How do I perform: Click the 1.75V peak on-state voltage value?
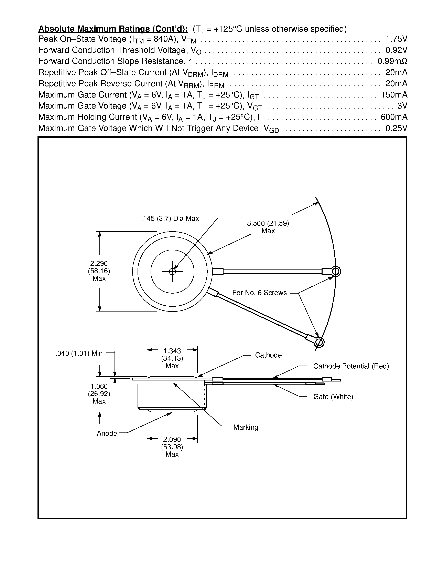tap(396, 39)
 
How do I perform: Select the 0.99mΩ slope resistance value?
tap(392, 61)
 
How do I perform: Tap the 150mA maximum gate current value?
tap(394, 95)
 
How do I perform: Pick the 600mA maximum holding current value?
tap(394, 117)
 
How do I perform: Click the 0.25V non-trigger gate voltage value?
tap(396, 128)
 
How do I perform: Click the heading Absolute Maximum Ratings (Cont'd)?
tap(113, 29)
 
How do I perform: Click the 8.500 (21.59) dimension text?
tap(268, 223)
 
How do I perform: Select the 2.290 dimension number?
tap(99, 264)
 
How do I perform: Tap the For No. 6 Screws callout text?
tap(259, 293)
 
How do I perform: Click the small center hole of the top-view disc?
tap(172, 272)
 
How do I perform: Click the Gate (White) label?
tap(333, 397)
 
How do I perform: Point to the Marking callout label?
tap(246, 427)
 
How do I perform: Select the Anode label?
tap(107, 433)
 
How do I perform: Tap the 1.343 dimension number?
tap(172, 351)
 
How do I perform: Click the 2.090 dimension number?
tap(172, 439)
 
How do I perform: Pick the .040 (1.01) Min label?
tap(79, 354)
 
